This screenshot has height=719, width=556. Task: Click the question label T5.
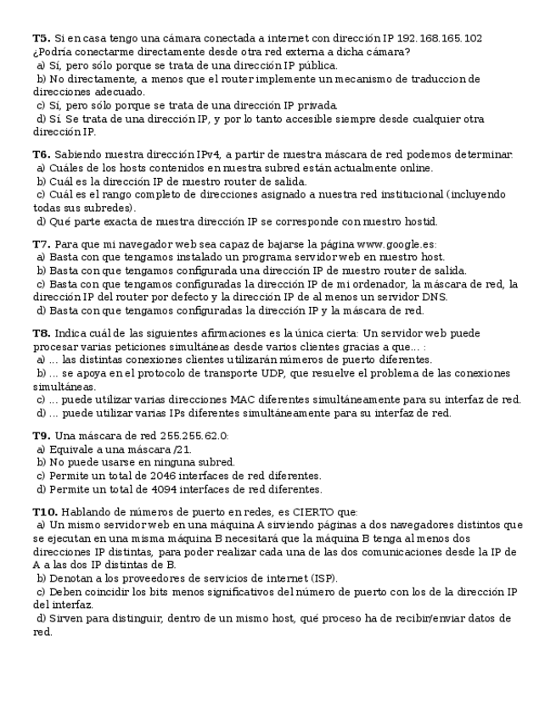41,38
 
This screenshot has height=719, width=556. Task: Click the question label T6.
41,154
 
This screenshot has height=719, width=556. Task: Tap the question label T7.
41,244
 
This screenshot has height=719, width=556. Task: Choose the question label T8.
41,333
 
